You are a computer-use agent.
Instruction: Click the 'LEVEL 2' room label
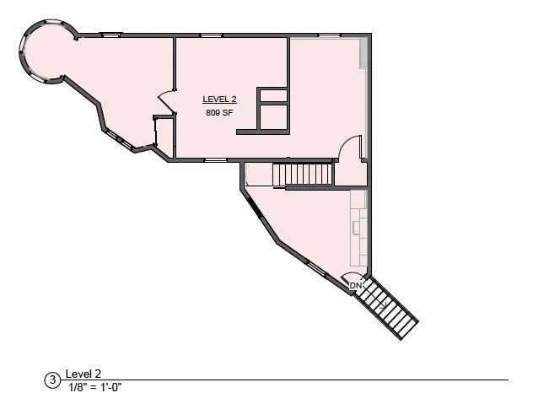click(218, 100)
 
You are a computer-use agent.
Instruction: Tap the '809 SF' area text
click(218, 112)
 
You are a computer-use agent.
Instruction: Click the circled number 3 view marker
click(52, 380)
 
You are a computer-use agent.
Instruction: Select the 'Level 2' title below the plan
click(83, 374)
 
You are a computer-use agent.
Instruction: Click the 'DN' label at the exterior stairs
click(356, 286)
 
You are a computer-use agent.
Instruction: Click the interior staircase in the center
click(303, 175)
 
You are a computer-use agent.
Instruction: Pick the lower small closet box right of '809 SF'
click(273, 117)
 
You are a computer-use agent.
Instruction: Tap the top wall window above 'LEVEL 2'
click(212, 35)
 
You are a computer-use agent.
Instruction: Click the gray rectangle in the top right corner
click(364, 52)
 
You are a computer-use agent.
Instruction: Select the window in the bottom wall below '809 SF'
click(216, 159)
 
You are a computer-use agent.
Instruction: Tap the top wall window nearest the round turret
click(110, 35)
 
